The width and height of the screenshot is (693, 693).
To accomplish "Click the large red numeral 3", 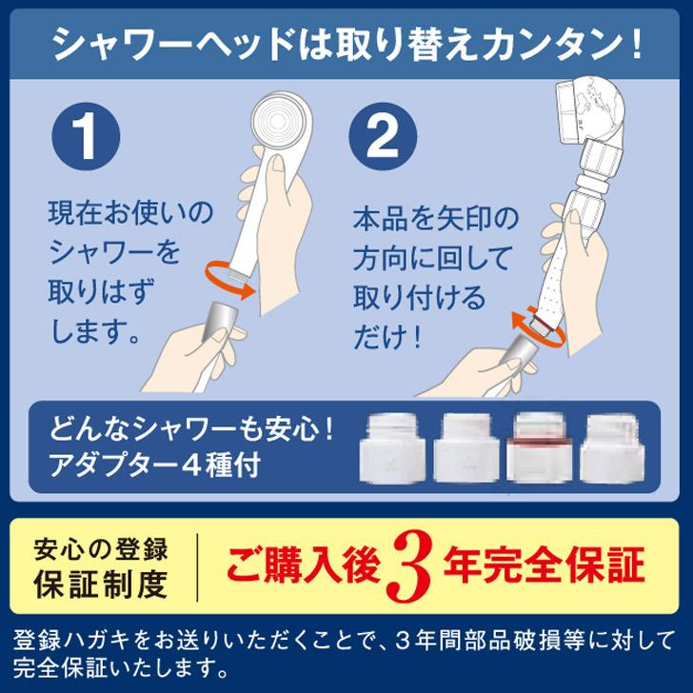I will [x=411, y=568].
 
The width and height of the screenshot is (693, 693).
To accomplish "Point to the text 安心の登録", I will [x=101, y=549].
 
